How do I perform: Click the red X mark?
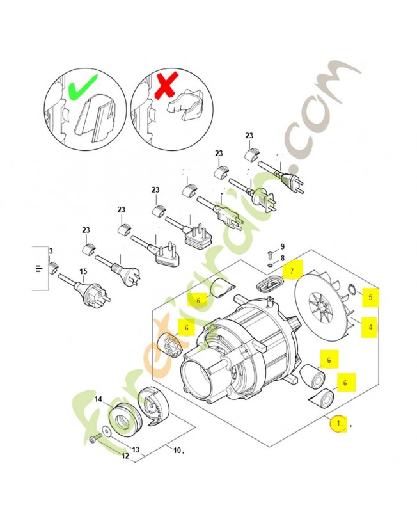coord(167,85)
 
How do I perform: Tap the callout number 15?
coord(83,271)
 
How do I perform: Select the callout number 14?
coord(98,399)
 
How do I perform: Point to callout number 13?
coord(136,450)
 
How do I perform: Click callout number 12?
coord(125,456)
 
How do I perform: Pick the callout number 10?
coord(177,451)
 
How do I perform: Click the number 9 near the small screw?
coord(283,246)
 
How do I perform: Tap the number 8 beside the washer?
coord(283,259)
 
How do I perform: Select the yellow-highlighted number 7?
coord(292,271)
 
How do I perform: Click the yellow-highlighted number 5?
coord(370,297)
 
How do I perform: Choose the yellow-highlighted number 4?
coord(370,327)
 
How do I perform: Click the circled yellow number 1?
coord(338,424)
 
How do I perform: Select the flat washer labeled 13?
coord(107,431)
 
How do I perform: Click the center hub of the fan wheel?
coord(322,307)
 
